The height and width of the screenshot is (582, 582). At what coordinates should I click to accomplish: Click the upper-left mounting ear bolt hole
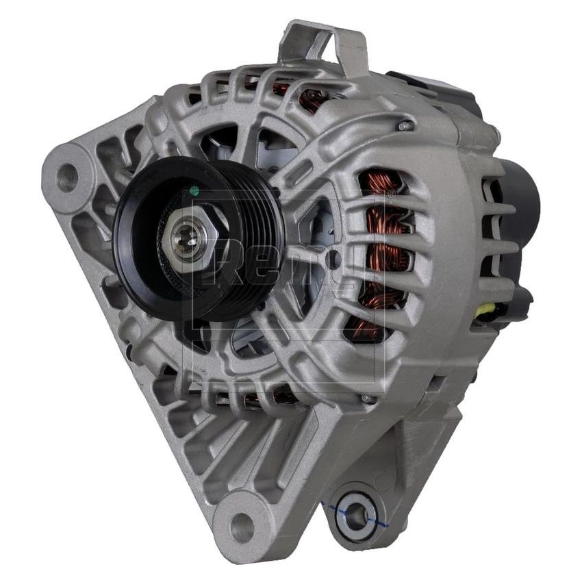tap(67, 176)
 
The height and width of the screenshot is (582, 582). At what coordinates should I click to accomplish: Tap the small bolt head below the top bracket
tap(405, 126)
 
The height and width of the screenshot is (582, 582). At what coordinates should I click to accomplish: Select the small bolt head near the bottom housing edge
tap(368, 398)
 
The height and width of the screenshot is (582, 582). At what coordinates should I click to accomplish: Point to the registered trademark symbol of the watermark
tap(391, 194)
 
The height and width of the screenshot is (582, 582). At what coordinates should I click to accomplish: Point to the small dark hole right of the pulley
tap(333, 260)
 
